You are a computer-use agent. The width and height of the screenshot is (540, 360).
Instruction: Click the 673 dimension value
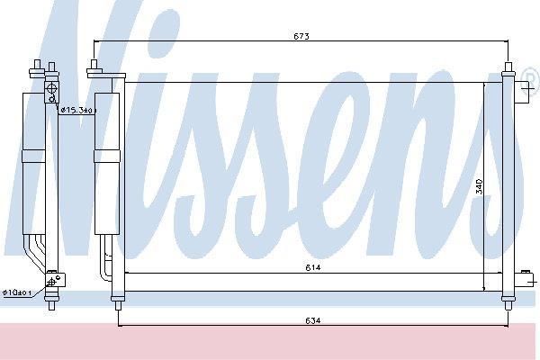301,36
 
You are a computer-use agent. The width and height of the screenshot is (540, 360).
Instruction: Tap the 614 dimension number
313,267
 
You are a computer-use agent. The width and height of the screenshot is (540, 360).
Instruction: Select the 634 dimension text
312,320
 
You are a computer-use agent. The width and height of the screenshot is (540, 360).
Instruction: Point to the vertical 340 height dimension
479,186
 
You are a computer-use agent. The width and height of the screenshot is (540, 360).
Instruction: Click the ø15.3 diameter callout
78,110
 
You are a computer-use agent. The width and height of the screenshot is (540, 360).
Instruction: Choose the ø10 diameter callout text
17,292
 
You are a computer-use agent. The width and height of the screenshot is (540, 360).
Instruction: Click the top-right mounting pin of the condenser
508,67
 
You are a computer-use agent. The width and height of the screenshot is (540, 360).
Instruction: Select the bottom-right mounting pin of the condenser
508,305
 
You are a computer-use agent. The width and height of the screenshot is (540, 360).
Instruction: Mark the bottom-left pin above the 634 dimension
118,305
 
